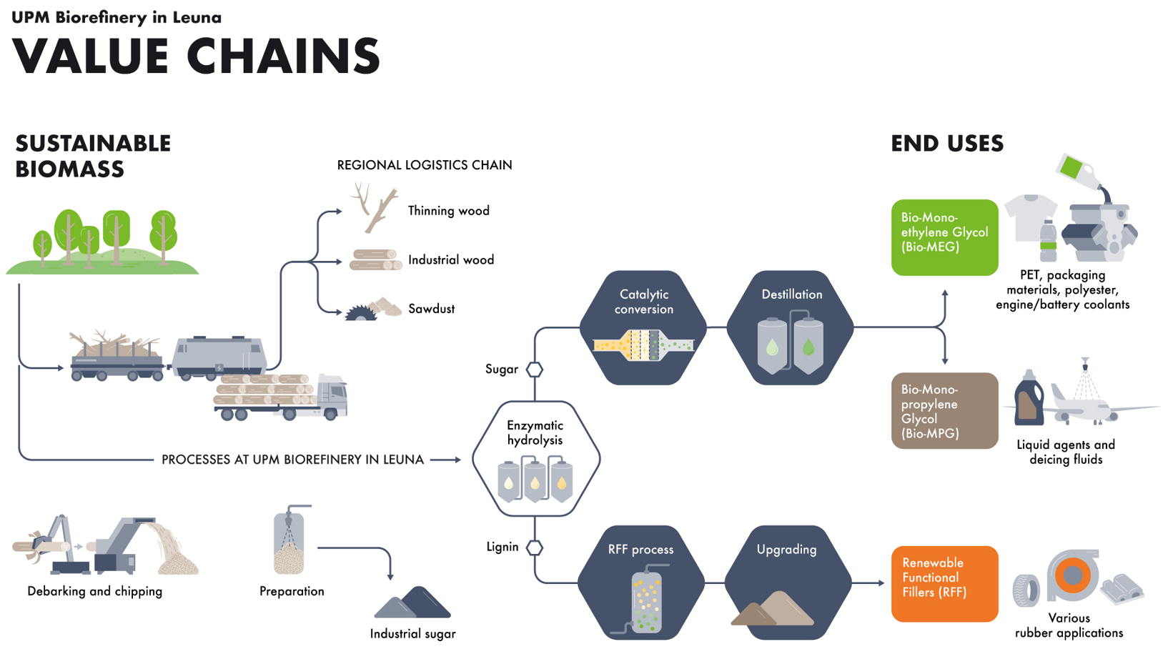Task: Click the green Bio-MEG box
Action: click(945, 237)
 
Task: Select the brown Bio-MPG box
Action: click(945, 410)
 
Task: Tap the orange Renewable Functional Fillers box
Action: click(945, 584)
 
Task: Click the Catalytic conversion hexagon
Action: click(643, 327)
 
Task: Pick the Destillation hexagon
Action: click(790, 327)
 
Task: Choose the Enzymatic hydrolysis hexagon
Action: click(535, 459)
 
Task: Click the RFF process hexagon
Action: click(641, 583)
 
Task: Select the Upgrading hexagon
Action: click(788, 583)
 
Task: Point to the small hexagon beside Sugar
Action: click(535, 370)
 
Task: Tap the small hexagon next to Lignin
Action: click(535, 547)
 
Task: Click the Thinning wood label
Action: click(449, 210)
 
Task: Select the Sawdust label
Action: click(432, 309)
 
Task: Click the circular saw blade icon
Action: click(360, 313)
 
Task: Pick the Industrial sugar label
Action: click(412, 634)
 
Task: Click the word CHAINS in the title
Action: click(283, 56)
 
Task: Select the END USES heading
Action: click(947, 144)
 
